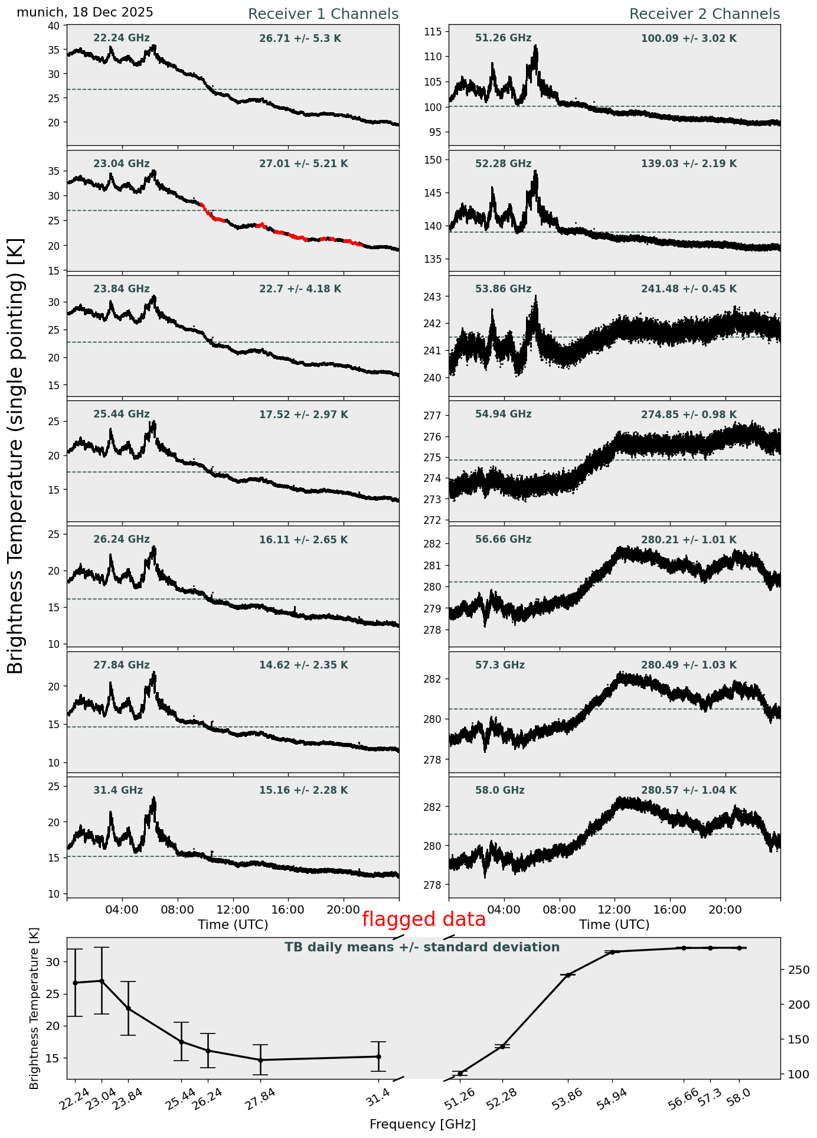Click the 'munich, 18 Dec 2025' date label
[x=85, y=12]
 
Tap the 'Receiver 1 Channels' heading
[x=323, y=14]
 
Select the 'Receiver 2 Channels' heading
[x=704, y=14]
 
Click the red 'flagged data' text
[x=423, y=919]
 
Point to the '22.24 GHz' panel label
[x=122, y=38]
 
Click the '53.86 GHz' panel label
[x=503, y=289]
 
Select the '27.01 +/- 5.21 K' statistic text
[x=303, y=164]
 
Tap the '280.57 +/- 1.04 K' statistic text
[x=688, y=790]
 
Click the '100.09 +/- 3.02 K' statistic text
[x=688, y=39]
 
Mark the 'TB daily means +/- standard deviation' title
[x=422, y=947]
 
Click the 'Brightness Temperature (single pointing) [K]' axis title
[x=16, y=455]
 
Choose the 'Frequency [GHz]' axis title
[x=422, y=1124]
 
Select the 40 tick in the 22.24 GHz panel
[x=54, y=25]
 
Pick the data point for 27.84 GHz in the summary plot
[x=260, y=1060]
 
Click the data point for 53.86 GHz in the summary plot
[x=568, y=975]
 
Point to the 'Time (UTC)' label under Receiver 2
[x=614, y=924]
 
